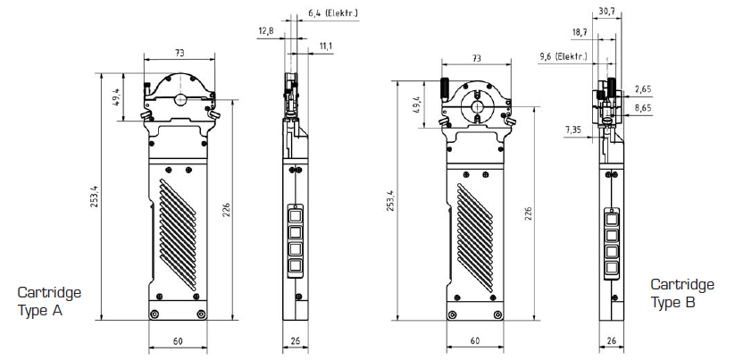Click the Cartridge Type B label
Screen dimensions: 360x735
tap(682, 293)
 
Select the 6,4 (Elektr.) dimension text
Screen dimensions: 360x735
tap(331, 13)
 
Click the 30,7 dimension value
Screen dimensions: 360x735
tap(606, 12)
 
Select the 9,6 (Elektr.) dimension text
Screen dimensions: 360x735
tap(563, 56)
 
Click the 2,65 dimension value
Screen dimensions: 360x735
tap(643, 88)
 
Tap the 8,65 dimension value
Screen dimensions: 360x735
tap(643, 107)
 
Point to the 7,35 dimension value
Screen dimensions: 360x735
tap(574, 130)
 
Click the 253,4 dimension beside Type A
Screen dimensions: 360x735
tap(94, 196)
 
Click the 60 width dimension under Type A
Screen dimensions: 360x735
tap(178, 341)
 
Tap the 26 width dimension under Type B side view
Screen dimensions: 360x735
tap(612, 340)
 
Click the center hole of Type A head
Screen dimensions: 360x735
tap(180, 99)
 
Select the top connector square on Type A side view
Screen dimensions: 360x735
tap(296, 213)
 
